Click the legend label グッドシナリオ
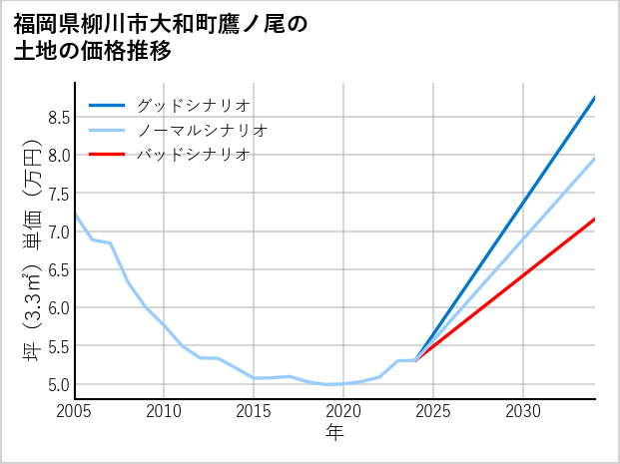pyautogui.click(x=194, y=105)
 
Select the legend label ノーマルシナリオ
pyautogui.click(x=203, y=130)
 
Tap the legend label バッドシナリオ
pyautogui.click(x=194, y=155)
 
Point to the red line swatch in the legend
pyautogui.click(x=108, y=155)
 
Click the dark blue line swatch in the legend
pyautogui.click(x=108, y=105)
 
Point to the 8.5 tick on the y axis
pyautogui.click(x=58, y=118)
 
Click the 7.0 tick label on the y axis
pyautogui.click(x=58, y=232)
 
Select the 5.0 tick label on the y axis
pyautogui.click(x=58, y=385)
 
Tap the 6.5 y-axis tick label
pyautogui.click(x=58, y=270)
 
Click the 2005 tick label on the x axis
pyautogui.click(x=75, y=411)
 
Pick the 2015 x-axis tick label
pyautogui.click(x=254, y=411)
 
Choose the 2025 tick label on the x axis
pyautogui.click(x=433, y=411)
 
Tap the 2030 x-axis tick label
pyautogui.click(x=523, y=411)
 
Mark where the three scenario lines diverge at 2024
pyautogui.click(x=415, y=360)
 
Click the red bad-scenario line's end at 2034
pyautogui.click(x=594, y=219)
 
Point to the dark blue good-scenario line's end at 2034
pyautogui.click(x=594, y=98)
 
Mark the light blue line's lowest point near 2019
pyautogui.click(x=326, y=384)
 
